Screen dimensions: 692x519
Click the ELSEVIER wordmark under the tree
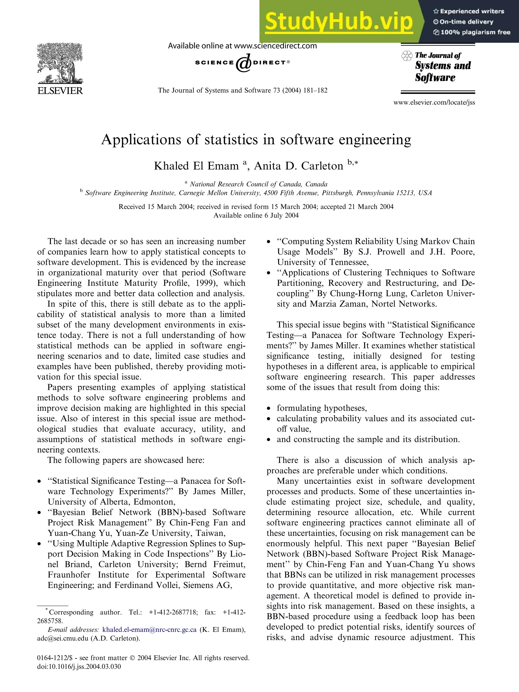[x=60, y=91]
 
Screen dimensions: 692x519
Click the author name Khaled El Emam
[x=196, y=166]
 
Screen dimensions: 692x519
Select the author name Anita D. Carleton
[x=298, y=166]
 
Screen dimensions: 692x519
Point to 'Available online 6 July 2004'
[x=256, y=215]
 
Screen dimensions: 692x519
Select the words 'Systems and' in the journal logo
[x=443, y=66]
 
